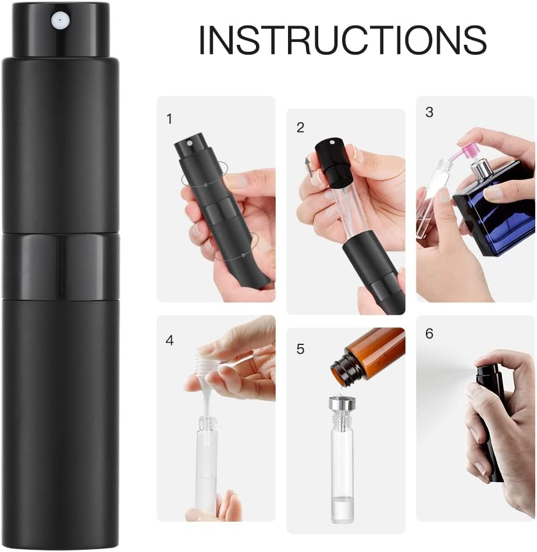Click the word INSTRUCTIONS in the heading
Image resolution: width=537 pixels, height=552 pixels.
[x=342, y=39]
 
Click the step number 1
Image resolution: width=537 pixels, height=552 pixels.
[x=169, y=119]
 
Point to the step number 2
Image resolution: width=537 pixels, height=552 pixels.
[x=300, y=127]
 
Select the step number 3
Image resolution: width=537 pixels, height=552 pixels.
[x=429, y=112]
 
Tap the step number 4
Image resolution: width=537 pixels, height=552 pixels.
[x=169, y=340]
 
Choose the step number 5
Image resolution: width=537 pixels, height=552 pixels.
[x=300, y=349]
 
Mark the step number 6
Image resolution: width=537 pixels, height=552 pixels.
[x=429, y=334]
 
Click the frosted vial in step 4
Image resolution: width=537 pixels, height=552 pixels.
[x=207, y=465]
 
